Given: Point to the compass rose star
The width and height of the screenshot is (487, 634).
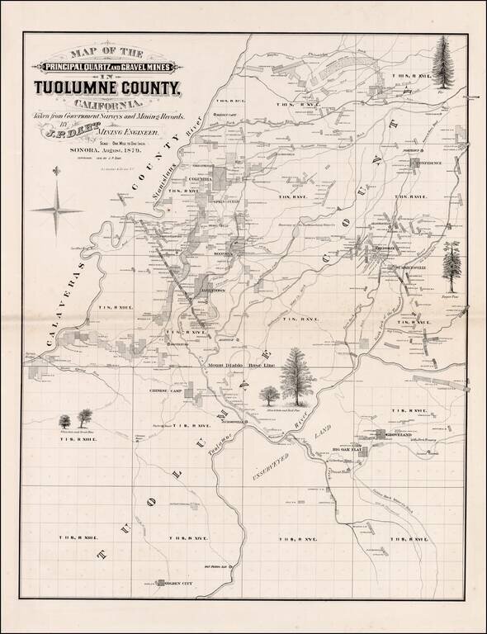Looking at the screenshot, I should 56,207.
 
